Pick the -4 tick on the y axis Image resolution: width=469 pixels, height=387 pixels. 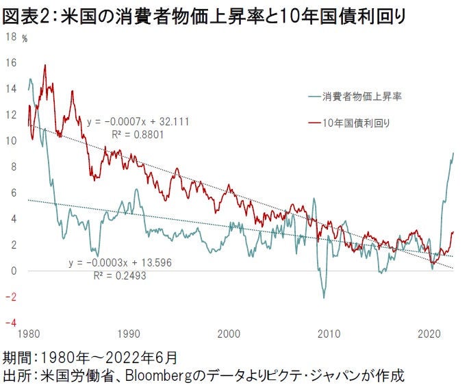coord(10,323)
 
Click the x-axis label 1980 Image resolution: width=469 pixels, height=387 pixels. coord(28,335)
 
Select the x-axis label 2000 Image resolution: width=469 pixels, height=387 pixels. coord(228,335)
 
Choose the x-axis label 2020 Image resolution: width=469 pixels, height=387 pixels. coord(429,335)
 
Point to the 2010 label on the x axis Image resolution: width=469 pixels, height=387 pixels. coord(329,335)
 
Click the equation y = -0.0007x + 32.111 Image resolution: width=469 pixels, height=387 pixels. coord(138,122)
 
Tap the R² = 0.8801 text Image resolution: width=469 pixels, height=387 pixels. coord(138,134)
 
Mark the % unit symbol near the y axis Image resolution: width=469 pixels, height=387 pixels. coord(25,38)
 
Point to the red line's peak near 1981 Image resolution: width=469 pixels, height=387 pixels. coord(45,66)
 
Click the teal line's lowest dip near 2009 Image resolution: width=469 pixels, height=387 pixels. coord(323,297)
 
